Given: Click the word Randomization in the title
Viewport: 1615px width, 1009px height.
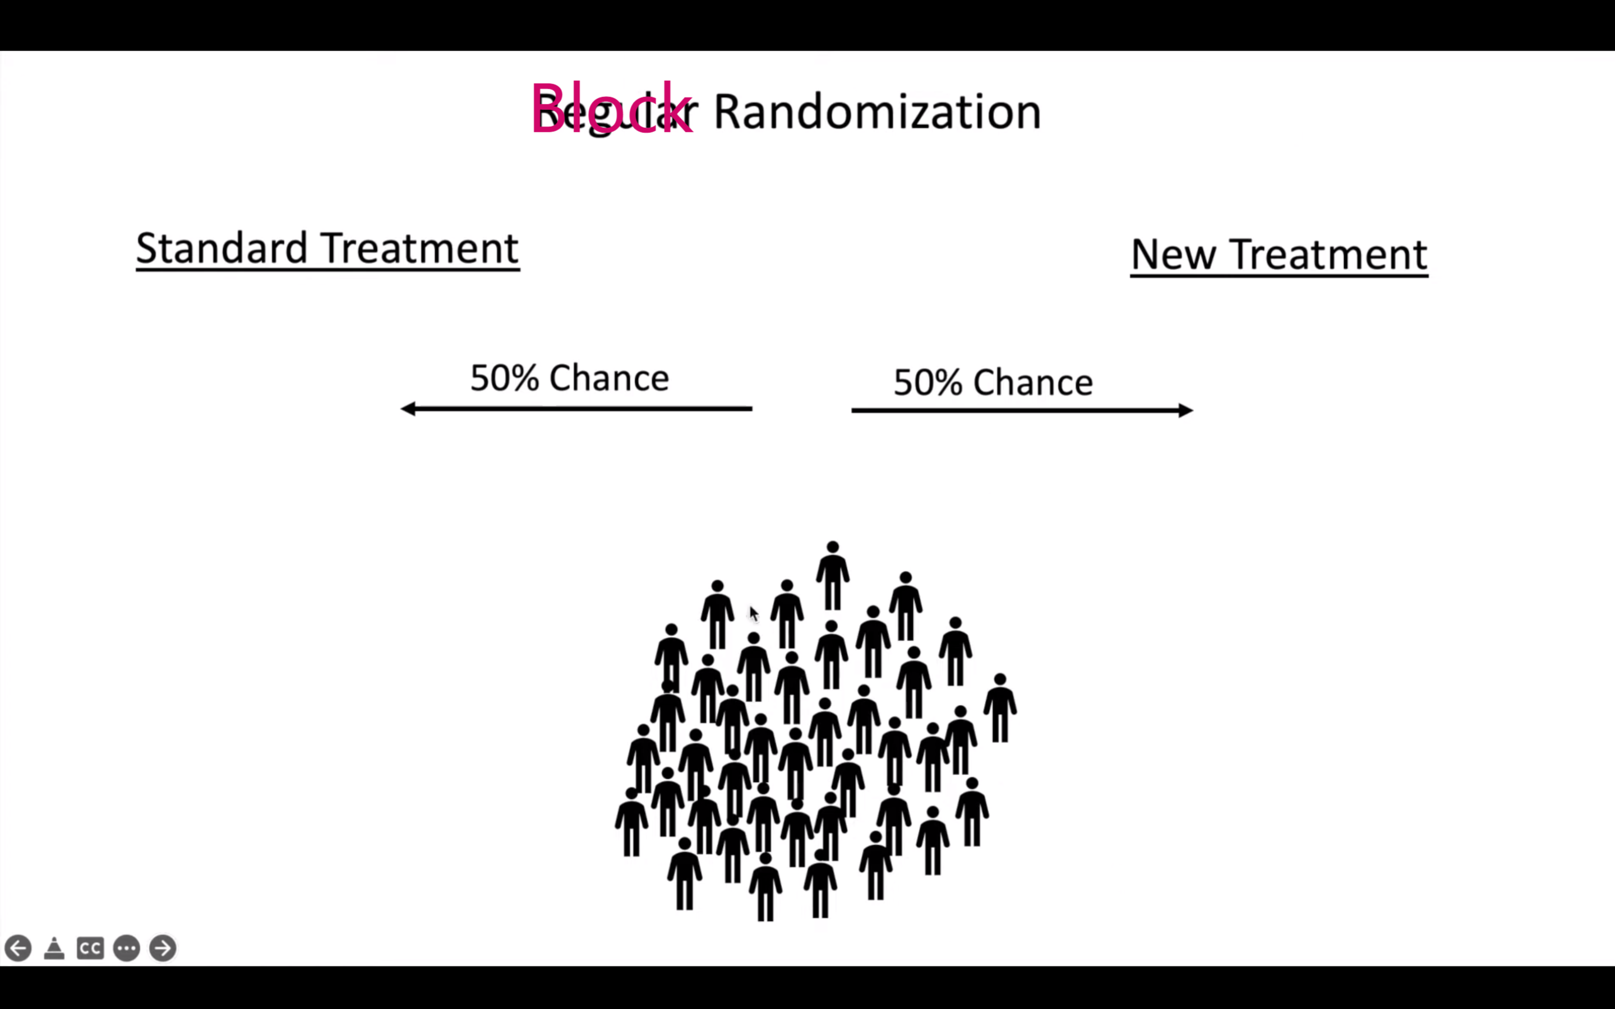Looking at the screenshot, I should (876, 112).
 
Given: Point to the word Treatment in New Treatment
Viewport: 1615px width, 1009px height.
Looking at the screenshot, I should (1328, 254).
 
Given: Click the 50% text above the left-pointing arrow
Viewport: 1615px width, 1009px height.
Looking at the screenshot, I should (504, 378).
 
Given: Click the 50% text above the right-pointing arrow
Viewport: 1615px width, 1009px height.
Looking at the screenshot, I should (928, 382).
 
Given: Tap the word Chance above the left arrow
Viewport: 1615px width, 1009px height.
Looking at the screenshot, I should (608, 378).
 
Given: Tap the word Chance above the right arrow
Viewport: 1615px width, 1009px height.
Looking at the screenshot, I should (1032, 382).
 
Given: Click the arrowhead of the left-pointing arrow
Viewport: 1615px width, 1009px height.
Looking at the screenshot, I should (408, 409).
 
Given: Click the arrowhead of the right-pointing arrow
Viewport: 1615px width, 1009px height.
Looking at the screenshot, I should (1185, 410).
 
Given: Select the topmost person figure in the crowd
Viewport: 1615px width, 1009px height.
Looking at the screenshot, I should (832, 575).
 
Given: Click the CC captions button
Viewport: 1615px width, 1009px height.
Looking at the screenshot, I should (90, 947).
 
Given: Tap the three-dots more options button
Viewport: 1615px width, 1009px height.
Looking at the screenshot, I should (126, 947).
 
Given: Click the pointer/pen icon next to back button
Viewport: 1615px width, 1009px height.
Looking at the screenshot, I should (54, 947).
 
